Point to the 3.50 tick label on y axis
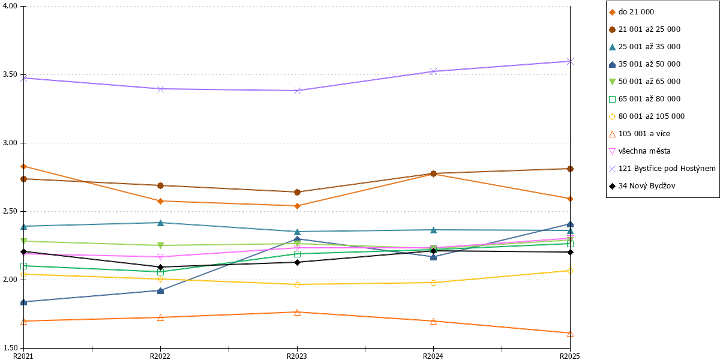10,74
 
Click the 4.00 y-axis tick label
10,6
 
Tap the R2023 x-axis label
296,356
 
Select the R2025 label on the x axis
570,356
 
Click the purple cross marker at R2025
570,61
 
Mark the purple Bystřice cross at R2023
298,91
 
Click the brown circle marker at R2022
160,186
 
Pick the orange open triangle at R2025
570,334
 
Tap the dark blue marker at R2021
23,302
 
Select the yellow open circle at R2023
298,285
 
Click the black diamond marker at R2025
570,253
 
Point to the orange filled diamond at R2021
23,167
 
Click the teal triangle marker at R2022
160,223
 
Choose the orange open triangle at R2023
298,313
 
